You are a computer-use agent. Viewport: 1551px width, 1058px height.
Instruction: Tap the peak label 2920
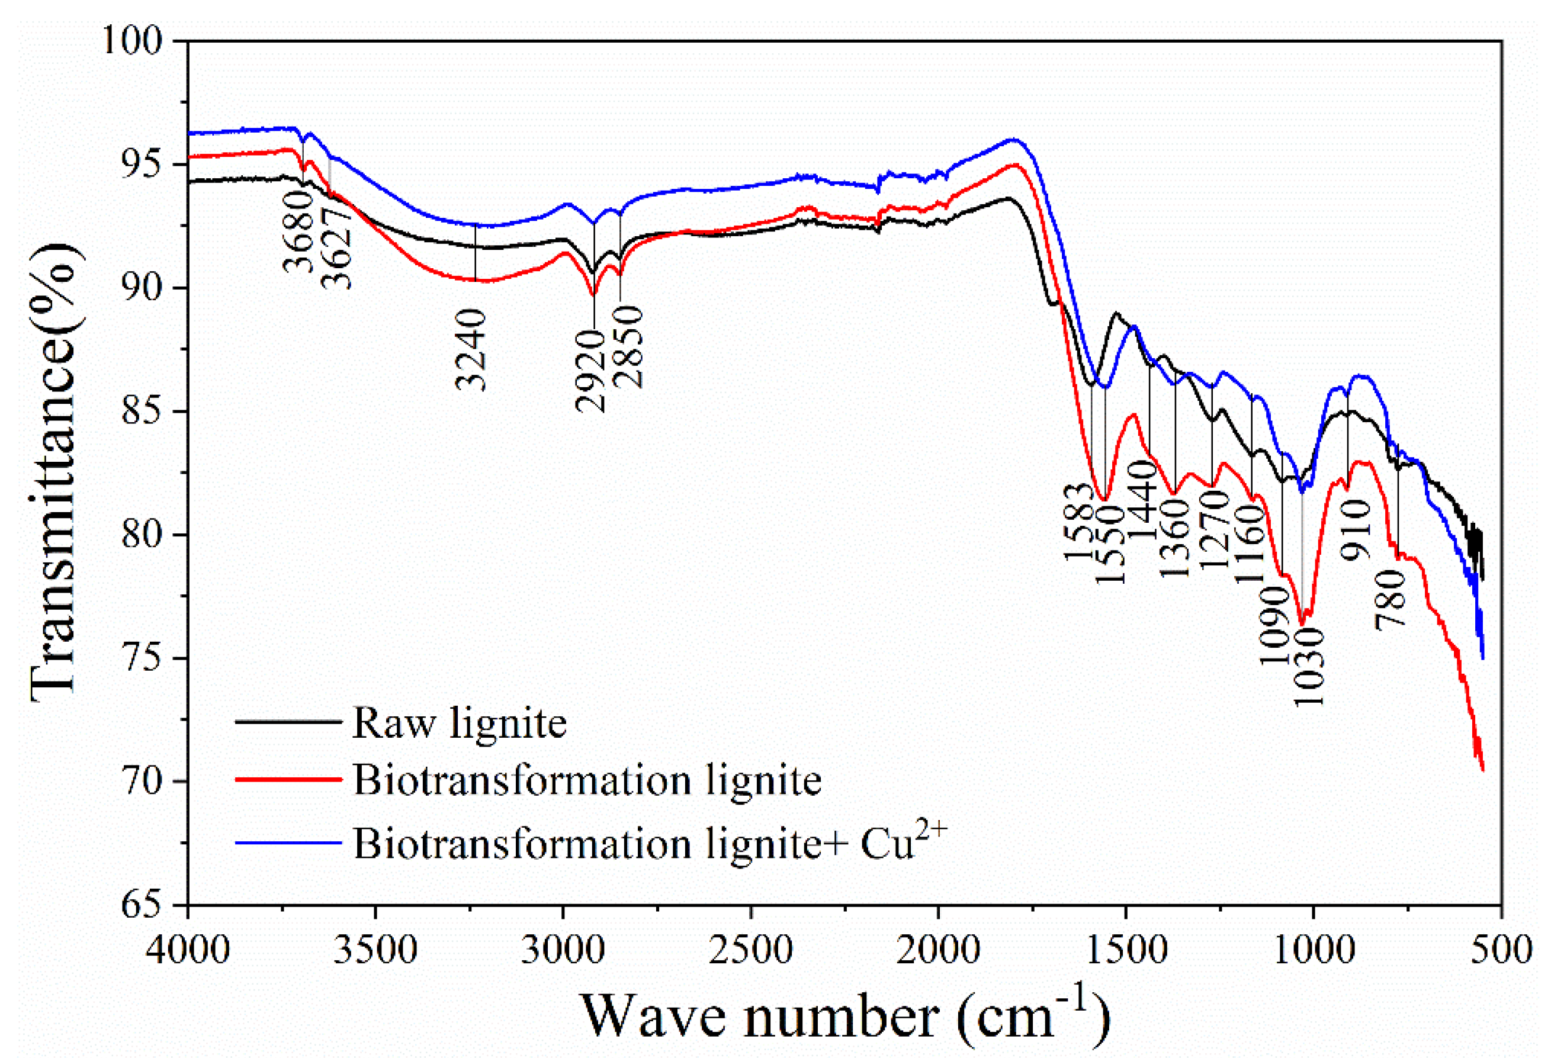590,371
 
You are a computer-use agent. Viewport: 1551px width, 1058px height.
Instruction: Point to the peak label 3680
299,231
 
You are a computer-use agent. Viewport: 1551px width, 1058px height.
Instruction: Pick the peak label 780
1392,599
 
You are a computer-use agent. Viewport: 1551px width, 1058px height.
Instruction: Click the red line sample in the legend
288,780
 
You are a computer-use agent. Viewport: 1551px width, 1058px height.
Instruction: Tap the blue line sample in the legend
288,842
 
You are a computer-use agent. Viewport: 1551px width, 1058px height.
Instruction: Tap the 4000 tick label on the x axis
188,950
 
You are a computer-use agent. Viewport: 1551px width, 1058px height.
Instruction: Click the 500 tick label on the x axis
1501,950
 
